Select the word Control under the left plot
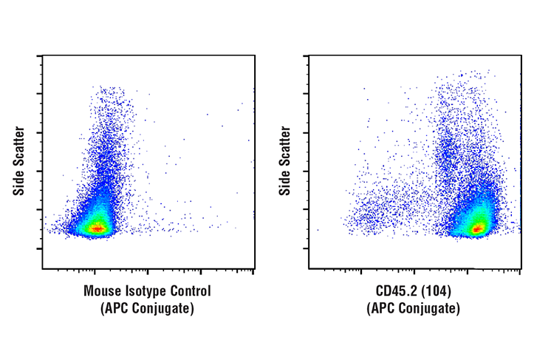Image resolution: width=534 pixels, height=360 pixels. (x=188, y=291)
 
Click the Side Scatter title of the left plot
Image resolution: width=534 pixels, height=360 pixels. (x=19, y=161)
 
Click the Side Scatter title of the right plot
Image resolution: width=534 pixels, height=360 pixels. (x=285, y=161)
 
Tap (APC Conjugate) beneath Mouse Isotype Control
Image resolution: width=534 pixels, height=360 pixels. (x=147, y=308)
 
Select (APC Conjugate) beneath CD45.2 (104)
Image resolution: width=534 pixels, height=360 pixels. (x=414, y=308)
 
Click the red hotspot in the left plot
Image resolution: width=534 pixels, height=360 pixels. (x=96, y=228)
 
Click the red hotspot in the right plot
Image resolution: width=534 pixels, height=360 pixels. (x=477, y=228)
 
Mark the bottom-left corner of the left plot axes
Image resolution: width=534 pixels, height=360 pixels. (x=43, y=268)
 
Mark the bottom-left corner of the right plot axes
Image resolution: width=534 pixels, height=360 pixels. (x=309, y=268)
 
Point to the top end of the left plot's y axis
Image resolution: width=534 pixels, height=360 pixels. (x=43, y=56)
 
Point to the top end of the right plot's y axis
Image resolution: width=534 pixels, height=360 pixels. (x=309, y=56)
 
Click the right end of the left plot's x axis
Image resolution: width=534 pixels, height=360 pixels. (x=254, y=268)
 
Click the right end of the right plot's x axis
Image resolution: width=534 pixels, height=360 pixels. (x=520, y=268)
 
